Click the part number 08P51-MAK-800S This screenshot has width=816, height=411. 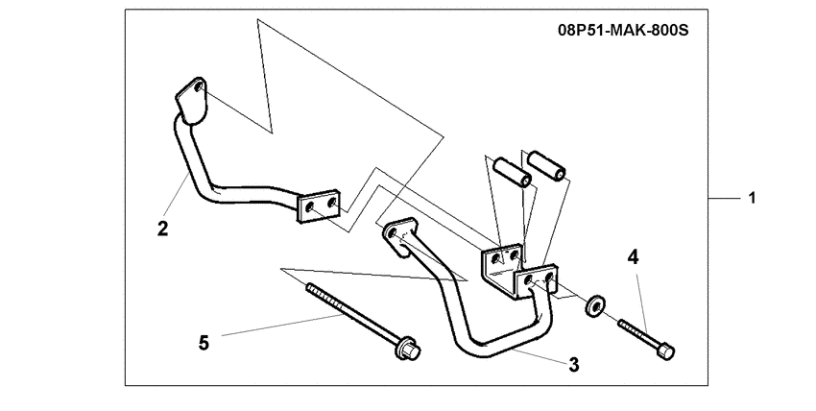(x=623, y=30)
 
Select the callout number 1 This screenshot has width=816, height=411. (x=752, y=198)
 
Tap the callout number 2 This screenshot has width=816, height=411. (x=163, y=229)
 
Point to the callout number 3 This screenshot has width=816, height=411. (x=573, y=365)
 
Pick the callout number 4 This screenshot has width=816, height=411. (x=633, y=257)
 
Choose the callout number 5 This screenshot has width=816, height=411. (x=204, y=343)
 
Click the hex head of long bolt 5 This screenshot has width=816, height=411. (x=409, y=350)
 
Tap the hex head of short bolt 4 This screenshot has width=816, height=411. (x=665, y=351)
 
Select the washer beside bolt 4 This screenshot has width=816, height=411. (x=595, y=306)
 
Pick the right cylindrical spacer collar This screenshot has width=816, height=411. (x=546, y=165)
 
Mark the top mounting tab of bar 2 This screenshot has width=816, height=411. (x=191, y=102)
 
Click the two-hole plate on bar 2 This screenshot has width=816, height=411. (x=318, y=207)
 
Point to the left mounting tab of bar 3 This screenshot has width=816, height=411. (x=399, y=237)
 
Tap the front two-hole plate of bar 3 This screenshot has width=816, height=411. (x=537, y=281)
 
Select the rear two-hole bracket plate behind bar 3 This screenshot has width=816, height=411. (x=500, y=263)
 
